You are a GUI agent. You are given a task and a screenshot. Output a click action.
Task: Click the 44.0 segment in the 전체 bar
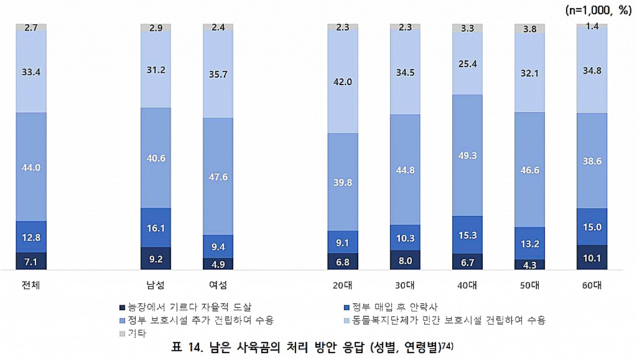click(x=31, y=167)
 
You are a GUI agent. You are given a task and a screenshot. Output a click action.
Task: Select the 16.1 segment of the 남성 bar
click(x=156, y=228)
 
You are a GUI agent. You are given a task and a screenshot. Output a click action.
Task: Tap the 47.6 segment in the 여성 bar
click(x=218, y=177)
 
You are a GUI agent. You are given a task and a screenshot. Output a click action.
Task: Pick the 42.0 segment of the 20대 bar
click(x=343, y=82)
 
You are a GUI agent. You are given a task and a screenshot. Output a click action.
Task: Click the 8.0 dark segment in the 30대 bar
click(x=405, y=261)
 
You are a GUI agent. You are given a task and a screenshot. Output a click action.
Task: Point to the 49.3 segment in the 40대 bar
click(x=467, y=155)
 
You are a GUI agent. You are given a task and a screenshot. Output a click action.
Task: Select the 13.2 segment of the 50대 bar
click(x=529, y=243)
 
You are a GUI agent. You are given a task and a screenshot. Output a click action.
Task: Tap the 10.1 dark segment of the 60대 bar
click(x=592, y=257)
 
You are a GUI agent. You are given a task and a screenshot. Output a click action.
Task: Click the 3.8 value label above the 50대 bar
click(x=529, y=28)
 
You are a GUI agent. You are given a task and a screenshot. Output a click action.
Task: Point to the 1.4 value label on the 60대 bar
click(x=592, y=25)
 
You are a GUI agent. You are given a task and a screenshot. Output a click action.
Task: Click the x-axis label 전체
click(x=31, y=285)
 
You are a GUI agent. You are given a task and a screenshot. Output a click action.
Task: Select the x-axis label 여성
click(x=218, y=285)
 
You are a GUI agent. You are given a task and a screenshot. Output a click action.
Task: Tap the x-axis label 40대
click(x=467, y=285)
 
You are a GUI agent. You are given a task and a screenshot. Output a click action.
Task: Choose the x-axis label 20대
click(x=343, y=285)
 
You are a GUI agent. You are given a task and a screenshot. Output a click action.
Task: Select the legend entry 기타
click(x=136, y=334)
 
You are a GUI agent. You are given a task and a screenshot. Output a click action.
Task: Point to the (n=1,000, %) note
click(x=598, y=10)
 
